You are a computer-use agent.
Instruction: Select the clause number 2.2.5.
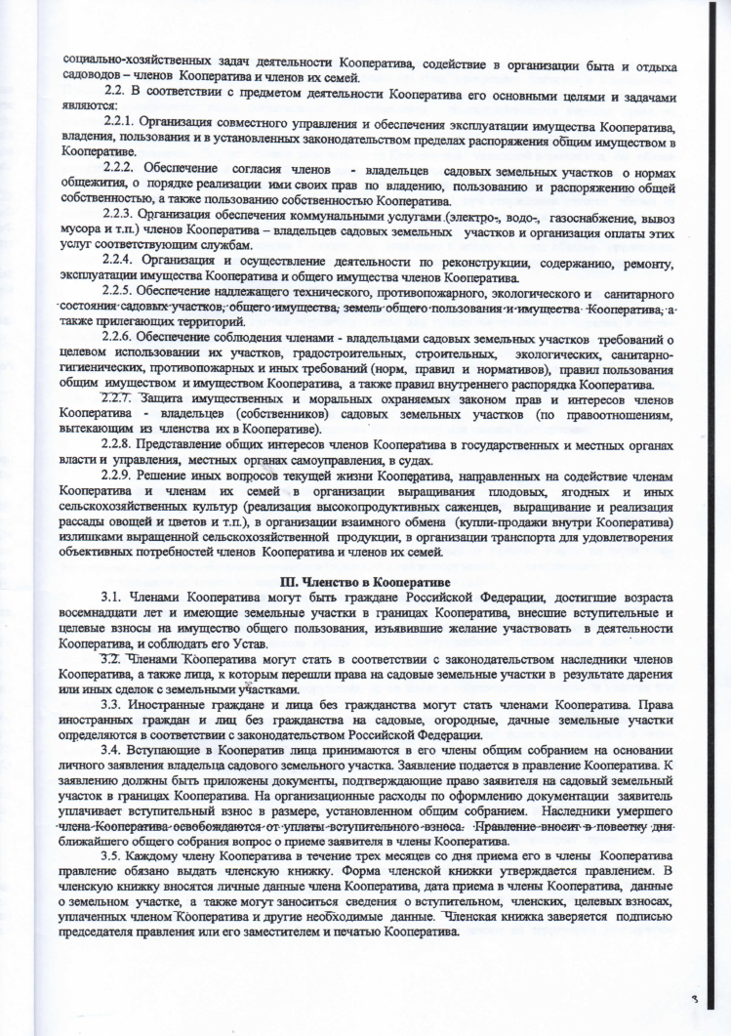pyautogui.click(x=122, y=294)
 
